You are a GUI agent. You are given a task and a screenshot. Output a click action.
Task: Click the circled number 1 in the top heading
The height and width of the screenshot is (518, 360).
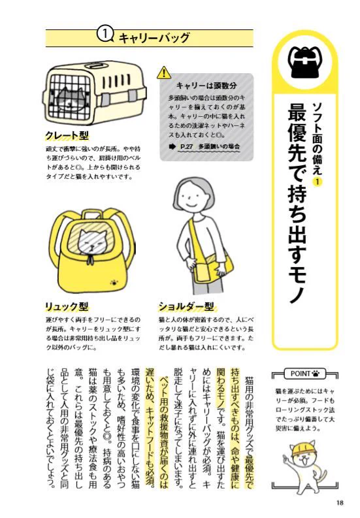105,35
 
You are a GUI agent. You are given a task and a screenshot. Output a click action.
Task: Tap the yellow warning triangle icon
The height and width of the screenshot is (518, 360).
163,73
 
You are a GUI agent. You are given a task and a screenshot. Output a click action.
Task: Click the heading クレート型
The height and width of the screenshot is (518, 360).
67,135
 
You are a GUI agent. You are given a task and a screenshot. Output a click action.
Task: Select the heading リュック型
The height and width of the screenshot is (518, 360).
67,306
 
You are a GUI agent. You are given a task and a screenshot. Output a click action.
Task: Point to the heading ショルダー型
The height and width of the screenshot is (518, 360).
186,306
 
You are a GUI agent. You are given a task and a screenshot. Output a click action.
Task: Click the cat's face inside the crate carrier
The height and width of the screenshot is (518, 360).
69,99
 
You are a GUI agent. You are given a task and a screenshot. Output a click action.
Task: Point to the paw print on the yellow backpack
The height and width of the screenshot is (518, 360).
114,283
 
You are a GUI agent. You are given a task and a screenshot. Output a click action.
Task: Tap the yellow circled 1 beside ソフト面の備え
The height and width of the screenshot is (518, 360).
318,181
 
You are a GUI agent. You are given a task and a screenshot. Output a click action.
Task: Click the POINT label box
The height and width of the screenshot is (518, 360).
305,374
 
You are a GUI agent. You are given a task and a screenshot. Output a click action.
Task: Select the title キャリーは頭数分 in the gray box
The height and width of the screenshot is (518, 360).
206,86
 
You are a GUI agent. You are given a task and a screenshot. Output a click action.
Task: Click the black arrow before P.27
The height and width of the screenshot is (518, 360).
172,146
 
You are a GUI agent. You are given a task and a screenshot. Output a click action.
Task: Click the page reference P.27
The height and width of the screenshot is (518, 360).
187,146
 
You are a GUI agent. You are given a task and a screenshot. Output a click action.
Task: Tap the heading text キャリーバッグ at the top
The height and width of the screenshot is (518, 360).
154,38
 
